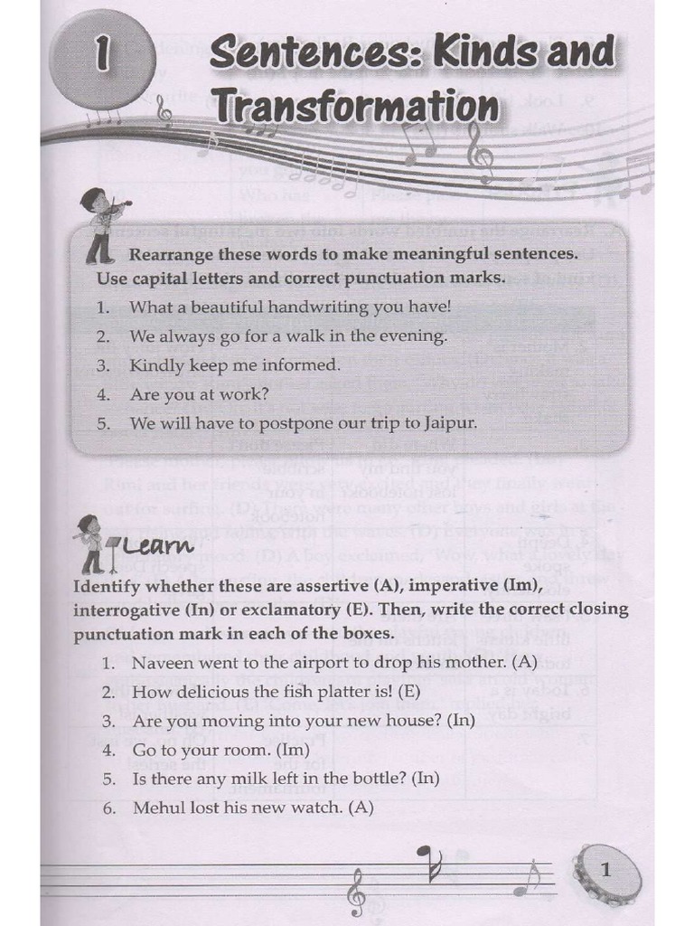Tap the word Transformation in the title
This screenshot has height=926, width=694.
(x=354, y=107)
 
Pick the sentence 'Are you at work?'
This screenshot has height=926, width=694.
(x=199, y=394)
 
